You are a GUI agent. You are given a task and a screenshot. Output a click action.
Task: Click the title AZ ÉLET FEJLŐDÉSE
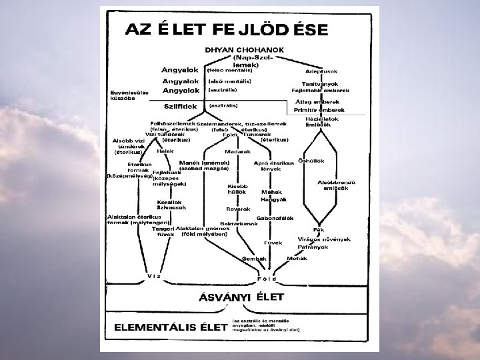click(x=227, y=30)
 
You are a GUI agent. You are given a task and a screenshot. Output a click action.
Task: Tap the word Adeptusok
click(x=321, y=71)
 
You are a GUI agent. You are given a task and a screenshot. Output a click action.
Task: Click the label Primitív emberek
click(x=319, y=110)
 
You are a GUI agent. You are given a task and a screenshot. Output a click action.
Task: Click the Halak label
click(x=165, y=151)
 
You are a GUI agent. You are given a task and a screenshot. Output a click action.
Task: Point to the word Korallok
click(x=169, y=201)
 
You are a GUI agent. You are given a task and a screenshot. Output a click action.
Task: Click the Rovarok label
click(x=238, y=208)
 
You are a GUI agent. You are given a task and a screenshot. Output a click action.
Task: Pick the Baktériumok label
click(x=239, y=223)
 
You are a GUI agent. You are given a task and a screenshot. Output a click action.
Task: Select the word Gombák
click(x=255, y=258)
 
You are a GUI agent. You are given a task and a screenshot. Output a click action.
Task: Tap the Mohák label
click(x=297, y=258)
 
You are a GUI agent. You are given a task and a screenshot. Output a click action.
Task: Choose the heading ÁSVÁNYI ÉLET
click(x=242, y=297)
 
